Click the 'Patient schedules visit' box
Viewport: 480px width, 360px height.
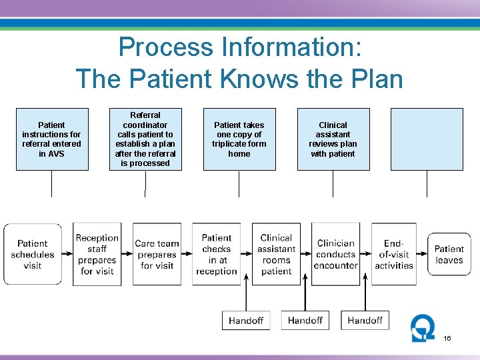(x=33, y=254)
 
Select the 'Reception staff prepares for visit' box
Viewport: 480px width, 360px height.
(x=97, y=254)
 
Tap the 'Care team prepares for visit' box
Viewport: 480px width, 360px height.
(x=157, y=254)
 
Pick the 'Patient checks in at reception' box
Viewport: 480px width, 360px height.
(x=217, y=254)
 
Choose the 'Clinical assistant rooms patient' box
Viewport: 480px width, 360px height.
(x=276, y=254)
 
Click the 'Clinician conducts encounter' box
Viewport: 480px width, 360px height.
(x=335, y=254)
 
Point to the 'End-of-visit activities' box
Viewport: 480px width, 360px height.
(x=395, y=254)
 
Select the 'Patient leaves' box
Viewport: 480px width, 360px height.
(x=449, y=254)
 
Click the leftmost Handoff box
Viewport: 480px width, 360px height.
(x=246, y=321)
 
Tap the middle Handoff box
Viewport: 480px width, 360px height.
(x=305, y=321)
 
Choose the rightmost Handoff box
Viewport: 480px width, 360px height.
(x=365, y=321)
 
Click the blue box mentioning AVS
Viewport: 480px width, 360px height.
(x=52, y=139)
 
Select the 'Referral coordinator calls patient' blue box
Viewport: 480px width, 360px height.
(x=145, y=139)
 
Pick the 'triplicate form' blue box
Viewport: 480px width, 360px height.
(x=239, y=139)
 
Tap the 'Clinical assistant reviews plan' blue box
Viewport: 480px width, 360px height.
(x=333, y=139)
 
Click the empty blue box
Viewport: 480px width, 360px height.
(x=427, y=139)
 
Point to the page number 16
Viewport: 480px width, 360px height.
(x=447, y=339)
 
